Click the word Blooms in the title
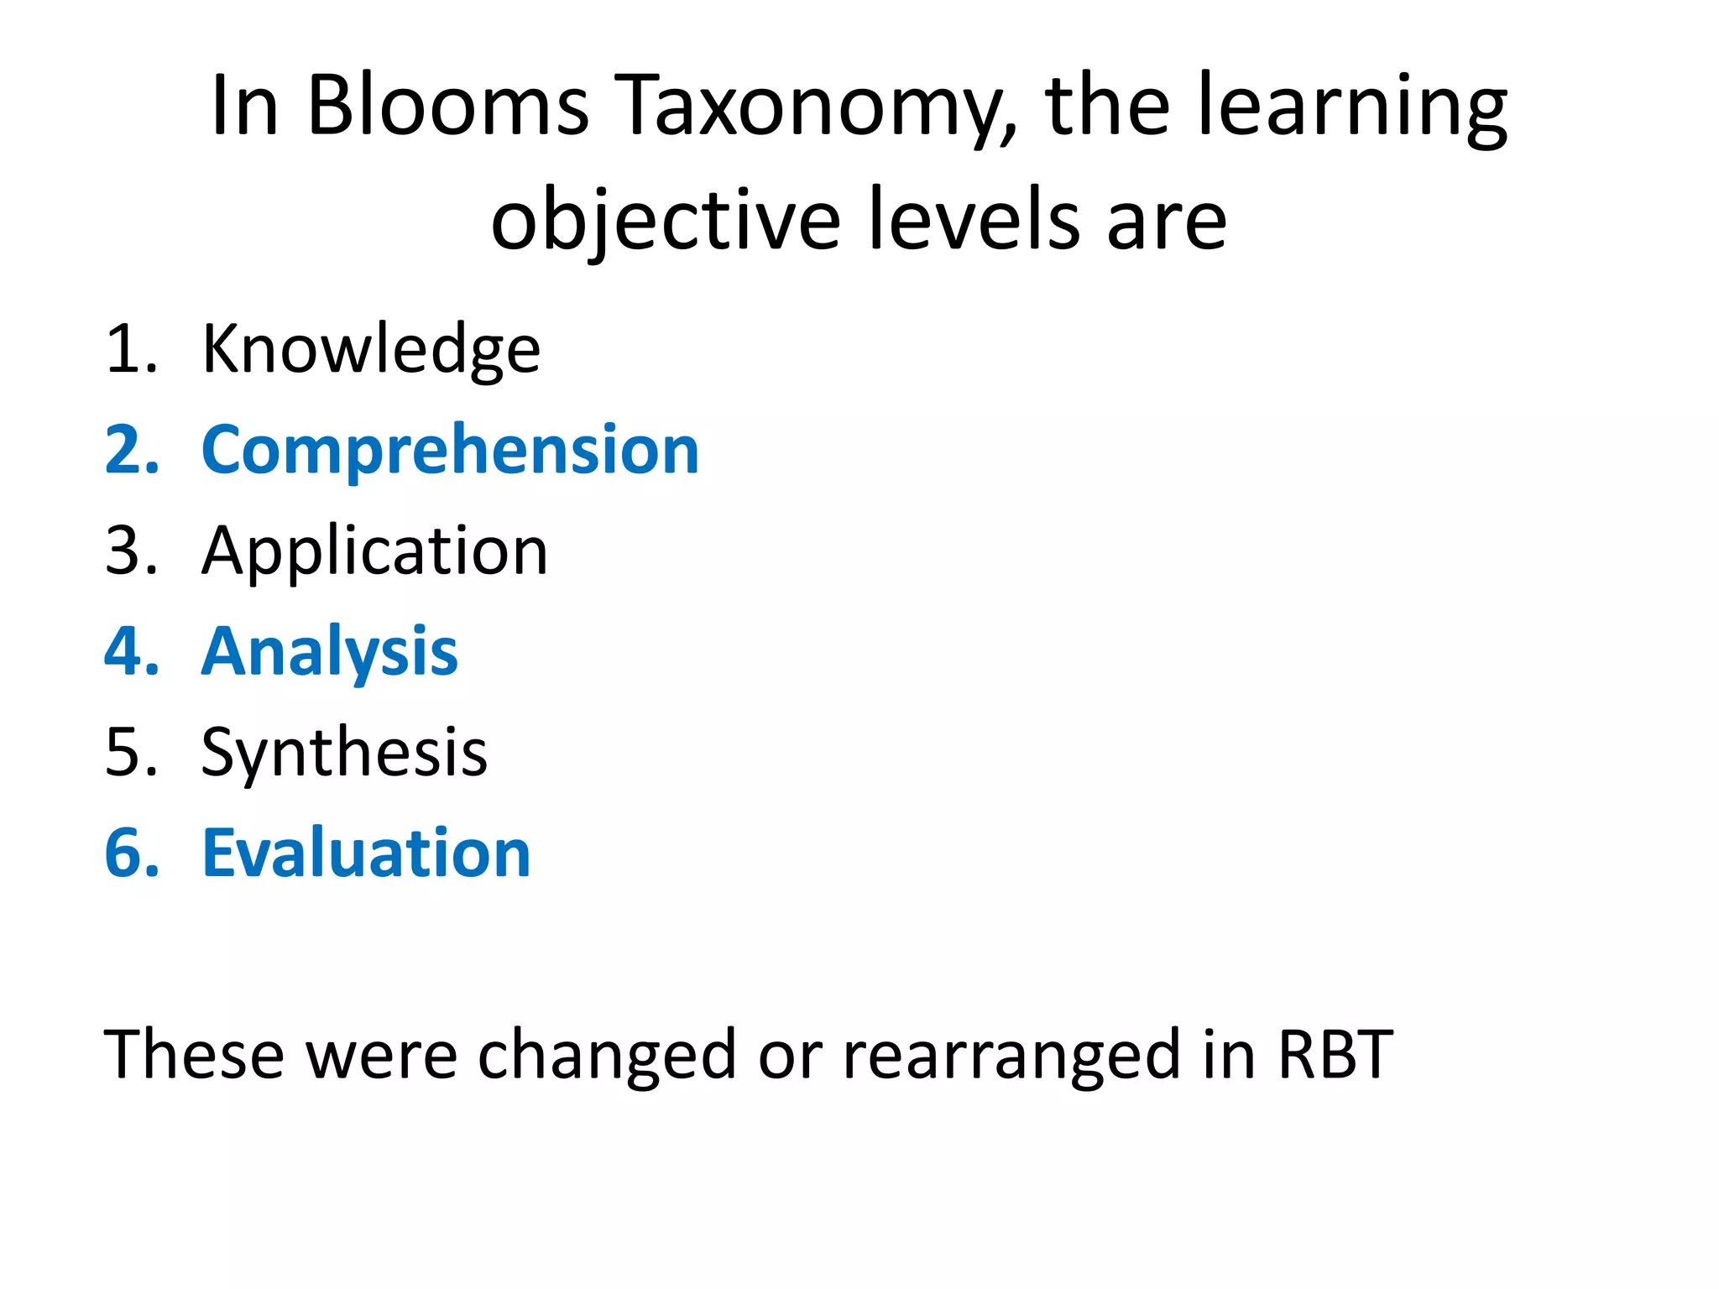pos(447,107)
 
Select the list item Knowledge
pos(371,349)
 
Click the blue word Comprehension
pos(450,450)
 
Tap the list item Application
pos(374,552)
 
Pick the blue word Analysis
pos(330,652)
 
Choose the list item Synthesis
pos(344,753)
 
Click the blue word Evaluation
pos(366,853)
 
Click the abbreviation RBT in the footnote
pos(1335,1055)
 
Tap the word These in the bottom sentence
pos(194,1055)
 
